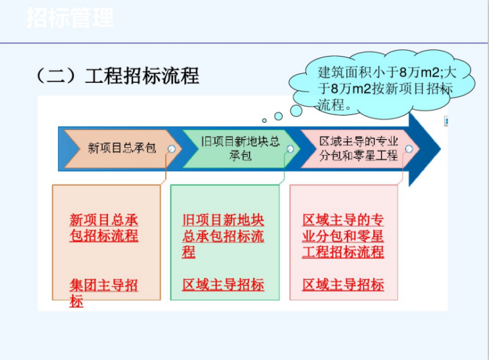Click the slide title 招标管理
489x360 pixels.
tap(69, 18)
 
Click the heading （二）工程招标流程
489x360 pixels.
tap(118, 76)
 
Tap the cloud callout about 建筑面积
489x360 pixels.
tap(385, 88)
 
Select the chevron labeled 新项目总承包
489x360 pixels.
tap(119, 148)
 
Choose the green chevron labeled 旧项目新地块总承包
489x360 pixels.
tap(239, 148)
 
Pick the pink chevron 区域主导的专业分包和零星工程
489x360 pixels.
tap(358, 148)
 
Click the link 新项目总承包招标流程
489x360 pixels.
tap(104, 228)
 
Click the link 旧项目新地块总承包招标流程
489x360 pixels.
tap(223, 236)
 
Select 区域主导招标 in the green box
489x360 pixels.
tap(223, 285)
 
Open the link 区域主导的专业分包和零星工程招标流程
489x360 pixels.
tap(343, 236)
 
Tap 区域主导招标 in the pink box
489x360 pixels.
tap(343, 285)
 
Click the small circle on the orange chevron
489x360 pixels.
tap(171, 149)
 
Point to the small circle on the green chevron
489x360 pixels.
tap(290, 149)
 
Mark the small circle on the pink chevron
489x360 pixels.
tap(409, 149)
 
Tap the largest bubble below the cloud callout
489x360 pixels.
tap(296, 110)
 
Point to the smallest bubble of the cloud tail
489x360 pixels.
tap(264, 120)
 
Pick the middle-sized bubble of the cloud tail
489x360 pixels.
tap(279, 116)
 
